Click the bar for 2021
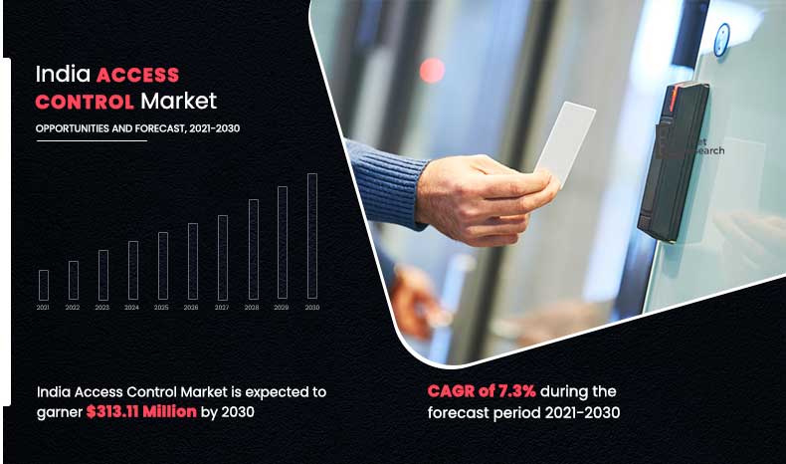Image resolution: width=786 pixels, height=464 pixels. coord(44,285)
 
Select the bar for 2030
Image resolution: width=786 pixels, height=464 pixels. coord(312,237)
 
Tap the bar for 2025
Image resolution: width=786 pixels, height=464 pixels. coord(163,266)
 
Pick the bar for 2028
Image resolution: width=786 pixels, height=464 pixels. coord(253,249)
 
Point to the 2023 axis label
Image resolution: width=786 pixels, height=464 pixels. coord(102,309)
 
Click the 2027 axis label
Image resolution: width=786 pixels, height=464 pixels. coord(222,309)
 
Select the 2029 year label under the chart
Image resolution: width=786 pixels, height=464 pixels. coord(282,309)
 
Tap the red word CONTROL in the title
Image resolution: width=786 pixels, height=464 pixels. coord(85,101)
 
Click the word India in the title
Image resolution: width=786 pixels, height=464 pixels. coord(58,75)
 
